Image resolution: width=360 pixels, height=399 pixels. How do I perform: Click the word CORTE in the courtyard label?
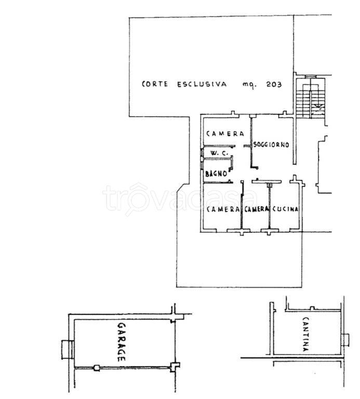155,84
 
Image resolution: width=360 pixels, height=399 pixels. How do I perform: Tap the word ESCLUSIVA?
202,84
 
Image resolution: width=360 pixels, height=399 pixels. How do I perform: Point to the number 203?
274,84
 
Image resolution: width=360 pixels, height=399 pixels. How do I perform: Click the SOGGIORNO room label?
271,144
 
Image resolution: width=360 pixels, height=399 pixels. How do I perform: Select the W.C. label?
219,153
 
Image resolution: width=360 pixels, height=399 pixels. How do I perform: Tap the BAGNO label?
216,174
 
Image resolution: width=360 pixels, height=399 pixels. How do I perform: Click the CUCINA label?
285,209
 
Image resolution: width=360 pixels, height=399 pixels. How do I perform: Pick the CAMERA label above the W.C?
225,134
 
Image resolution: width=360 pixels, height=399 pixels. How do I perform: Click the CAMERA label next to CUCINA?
257,209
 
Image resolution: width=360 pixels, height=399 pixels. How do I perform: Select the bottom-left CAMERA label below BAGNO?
223,209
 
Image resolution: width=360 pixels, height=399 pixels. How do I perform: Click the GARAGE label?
122,342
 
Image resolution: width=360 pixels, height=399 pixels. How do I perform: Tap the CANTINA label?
306,334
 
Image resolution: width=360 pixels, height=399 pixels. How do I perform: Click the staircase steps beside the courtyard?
310,98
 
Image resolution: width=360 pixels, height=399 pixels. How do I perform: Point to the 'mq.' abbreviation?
249,85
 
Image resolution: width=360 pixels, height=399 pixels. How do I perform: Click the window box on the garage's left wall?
68,349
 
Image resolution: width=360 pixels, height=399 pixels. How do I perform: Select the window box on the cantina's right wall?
345,340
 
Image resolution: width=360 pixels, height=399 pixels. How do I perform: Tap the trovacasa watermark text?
180,198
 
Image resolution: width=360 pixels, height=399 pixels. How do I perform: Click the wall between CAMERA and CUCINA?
270,206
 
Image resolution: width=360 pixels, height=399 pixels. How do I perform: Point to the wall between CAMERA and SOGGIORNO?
251,141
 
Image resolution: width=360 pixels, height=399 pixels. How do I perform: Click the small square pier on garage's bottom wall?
97,368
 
